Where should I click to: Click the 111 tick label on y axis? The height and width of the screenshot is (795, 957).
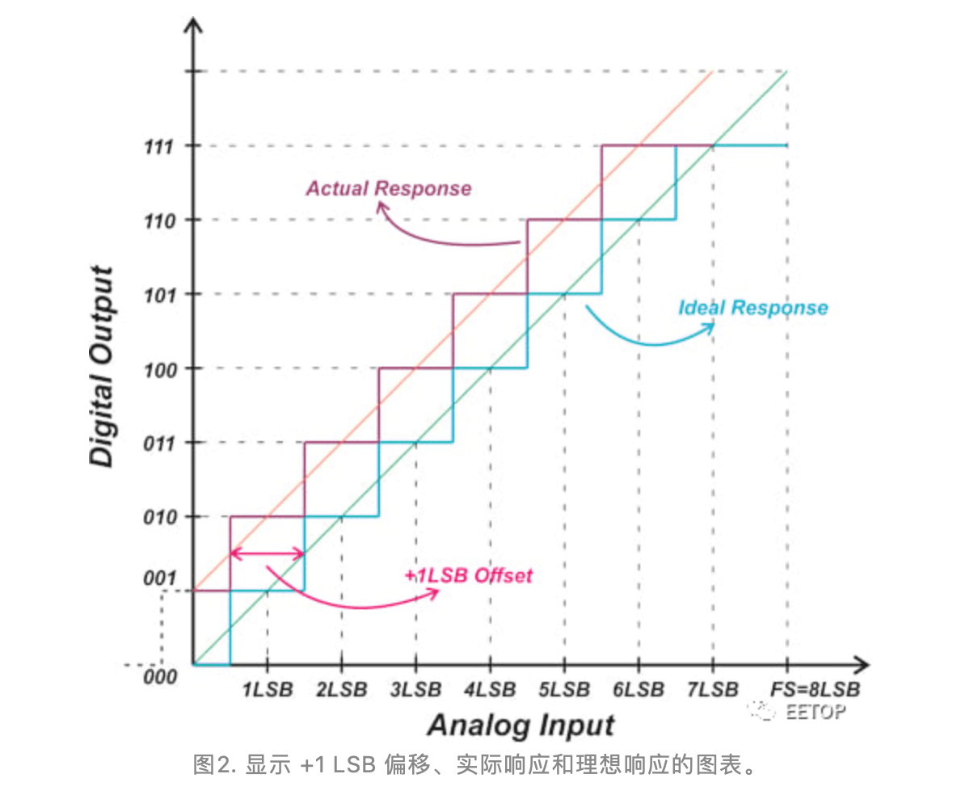click(x=161, y=146)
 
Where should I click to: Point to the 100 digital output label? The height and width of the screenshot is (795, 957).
click(x=161, y=369)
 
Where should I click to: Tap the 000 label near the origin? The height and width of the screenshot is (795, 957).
click(x=159, y=676)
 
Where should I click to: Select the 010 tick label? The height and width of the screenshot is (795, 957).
click(x=161, y=517)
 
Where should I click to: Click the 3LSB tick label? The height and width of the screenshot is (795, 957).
click(x=415, y=690)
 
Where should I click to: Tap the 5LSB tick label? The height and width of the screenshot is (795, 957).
click(x=564, y=690)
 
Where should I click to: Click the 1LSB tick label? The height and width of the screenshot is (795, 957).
click(x=267, y=690)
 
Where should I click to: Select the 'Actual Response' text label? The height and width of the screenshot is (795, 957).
click(x=388, y=188)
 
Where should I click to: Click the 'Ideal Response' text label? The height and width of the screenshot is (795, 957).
click(x=753, y=308)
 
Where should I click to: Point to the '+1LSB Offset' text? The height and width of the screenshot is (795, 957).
click(x=469, y=575)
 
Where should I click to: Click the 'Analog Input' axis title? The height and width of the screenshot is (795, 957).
click(x=521, y=725)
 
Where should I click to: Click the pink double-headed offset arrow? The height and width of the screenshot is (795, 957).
click(x=267, y=554)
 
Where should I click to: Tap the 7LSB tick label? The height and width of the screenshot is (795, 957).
click(x=713, y=690)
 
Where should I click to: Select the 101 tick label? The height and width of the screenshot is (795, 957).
click(x=161, y=295)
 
